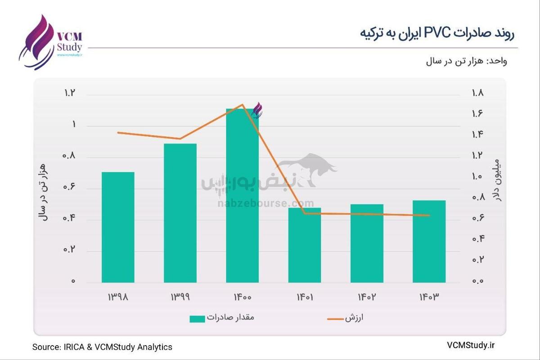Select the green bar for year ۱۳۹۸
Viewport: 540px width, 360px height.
pyautogui.click(x=118, y=227)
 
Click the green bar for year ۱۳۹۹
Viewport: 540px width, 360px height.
pyautogui.click(x=180, y=213)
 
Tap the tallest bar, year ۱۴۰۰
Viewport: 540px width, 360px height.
pyautogui.click(x=242, y=196)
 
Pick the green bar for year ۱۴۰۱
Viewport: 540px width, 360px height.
pyautogui.click(x=305, y=245)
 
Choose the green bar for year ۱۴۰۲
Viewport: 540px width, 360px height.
pyautogui.click(x=367, y=243)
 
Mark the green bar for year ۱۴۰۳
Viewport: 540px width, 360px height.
pyautogui.click(x=429, y=242)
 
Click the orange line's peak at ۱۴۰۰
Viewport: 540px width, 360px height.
pyautogui.click(x=243, y=105)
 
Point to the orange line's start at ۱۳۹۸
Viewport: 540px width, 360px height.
pyautogui.click(x=118, y=133)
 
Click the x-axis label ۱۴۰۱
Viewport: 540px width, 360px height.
pyautogui.click(x=305, y=297)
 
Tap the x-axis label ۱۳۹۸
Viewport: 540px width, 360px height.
pyautogui.click(x=118, y=297)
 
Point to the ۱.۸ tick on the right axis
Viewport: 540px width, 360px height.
pyautogui.click(x=477, y=94)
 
